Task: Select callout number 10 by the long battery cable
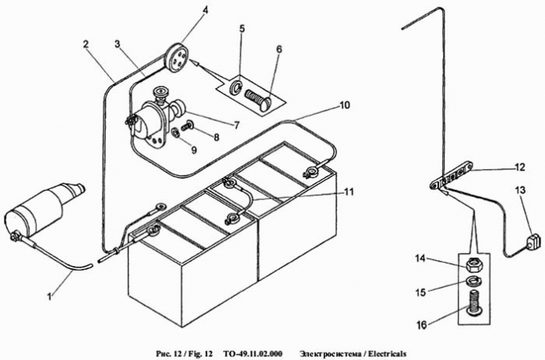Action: coord(344,105)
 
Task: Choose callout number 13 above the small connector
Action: coord(521,191)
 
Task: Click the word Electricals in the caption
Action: coord(383,351)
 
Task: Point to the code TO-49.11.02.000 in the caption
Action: coord(253,351)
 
